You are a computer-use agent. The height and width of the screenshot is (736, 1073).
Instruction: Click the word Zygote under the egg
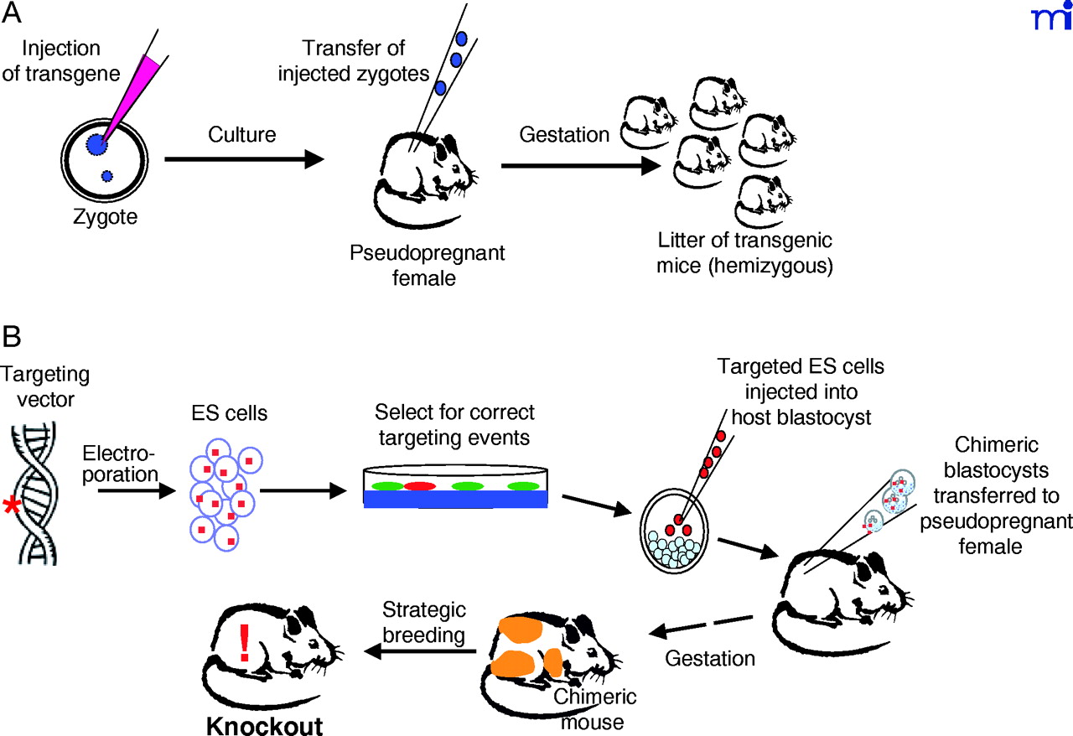coord(106,219)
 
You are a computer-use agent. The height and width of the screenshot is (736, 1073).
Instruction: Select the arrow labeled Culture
coord(244,158)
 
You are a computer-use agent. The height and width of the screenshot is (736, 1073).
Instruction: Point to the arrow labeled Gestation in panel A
coord(579,166)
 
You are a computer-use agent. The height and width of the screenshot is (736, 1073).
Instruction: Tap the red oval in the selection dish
coord(420,485)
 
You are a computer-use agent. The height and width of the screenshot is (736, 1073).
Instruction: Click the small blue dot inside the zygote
coord(106,176)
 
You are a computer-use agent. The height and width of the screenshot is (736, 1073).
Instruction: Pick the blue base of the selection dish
coord(456,498)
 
